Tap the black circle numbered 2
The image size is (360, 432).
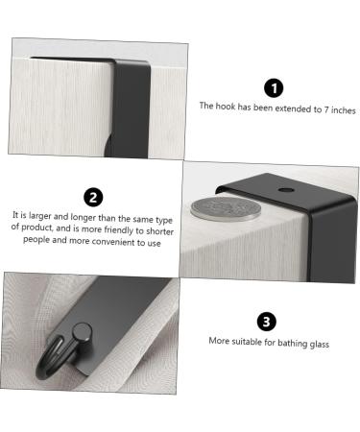(x=93, y=198)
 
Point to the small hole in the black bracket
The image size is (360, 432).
(x=287, y=192)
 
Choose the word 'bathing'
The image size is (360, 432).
(x=288, y=342)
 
